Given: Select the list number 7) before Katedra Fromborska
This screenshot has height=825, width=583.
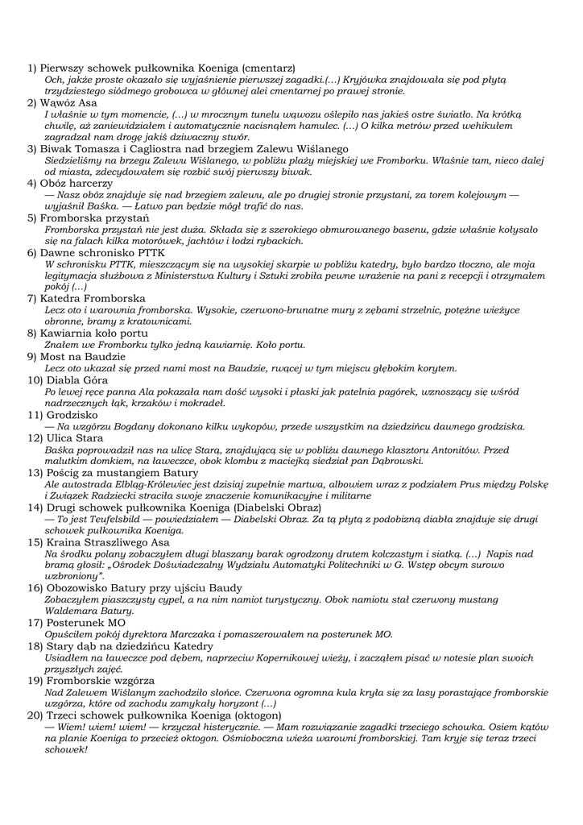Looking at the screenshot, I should pyautogui.click(x=33, y=298).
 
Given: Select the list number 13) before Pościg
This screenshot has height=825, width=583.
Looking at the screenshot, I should pyautogui.click(x=35, y=472).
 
